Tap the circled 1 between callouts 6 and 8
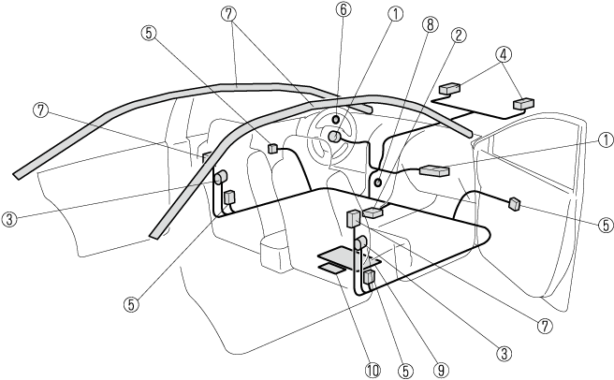(396, 14)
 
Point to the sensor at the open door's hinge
(515, 203)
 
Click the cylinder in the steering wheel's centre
(333, 137)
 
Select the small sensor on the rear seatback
(274, 148)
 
